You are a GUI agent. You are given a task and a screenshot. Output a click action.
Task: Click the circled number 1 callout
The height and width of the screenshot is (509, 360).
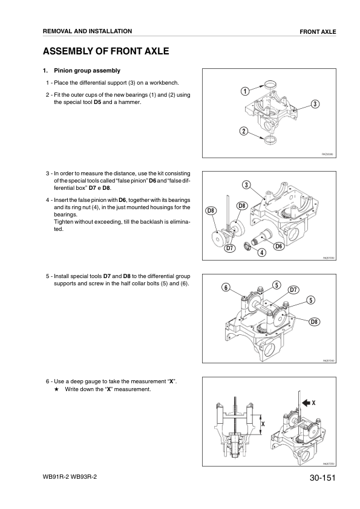245,91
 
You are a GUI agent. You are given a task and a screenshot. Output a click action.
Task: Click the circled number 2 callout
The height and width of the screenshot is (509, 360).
243,131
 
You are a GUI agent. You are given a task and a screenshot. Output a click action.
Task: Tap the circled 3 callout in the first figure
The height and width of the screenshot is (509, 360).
315,104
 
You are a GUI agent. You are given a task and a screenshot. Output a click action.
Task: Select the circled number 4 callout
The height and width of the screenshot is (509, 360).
262,252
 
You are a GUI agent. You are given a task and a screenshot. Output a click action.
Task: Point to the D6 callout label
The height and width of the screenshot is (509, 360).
279,246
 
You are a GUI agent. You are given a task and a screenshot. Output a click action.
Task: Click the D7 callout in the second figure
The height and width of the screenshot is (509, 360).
230,248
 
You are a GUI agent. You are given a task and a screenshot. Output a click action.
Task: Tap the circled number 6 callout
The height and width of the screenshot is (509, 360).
226,287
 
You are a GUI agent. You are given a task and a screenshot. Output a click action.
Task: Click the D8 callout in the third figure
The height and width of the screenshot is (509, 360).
314,322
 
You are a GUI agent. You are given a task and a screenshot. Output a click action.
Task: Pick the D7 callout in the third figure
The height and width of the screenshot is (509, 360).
293,290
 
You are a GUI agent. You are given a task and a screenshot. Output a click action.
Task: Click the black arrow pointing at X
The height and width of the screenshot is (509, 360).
306,403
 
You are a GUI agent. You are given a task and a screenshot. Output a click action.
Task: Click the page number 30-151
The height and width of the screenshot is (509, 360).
322,478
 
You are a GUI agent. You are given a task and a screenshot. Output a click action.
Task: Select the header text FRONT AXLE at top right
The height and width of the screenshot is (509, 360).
318,32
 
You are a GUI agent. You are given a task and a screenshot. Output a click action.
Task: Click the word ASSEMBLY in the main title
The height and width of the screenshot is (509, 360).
67,51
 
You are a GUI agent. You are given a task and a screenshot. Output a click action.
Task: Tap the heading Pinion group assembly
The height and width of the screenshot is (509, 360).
87,71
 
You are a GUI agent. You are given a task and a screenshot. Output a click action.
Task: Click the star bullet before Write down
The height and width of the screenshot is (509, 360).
56,389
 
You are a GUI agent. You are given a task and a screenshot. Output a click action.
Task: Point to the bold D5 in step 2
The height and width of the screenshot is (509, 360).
97,102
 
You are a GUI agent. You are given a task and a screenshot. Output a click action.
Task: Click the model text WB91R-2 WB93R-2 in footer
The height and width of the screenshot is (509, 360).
70,477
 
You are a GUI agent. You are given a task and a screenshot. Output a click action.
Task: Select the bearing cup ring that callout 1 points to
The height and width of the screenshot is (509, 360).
270,85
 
